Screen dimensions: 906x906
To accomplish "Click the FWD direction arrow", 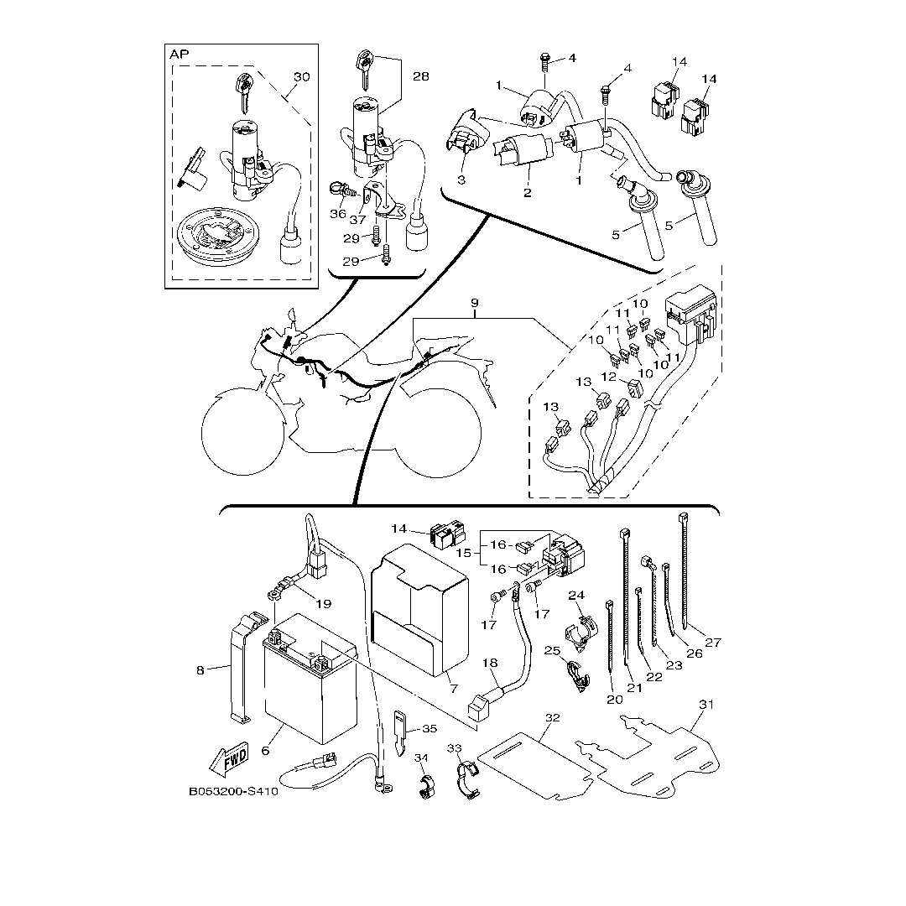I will [x=228, y=758].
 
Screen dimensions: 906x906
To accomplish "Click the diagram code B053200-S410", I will [x=233, y=791].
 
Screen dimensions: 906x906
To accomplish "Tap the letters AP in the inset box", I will [x=180, y=55].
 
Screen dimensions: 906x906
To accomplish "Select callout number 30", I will [x=301, y=77].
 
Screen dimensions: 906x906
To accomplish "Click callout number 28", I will [x=420, y=75].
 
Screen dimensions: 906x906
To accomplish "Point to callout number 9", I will [x=474, y=301].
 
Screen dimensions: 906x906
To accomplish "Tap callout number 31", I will [x=706, y=705].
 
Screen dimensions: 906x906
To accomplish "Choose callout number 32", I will [x=552, y=718].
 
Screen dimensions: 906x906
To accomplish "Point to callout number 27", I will [x=713, y=643].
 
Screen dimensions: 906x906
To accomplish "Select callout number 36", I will [x=338, y=214].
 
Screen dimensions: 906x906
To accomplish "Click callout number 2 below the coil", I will [x=528, y=193].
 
